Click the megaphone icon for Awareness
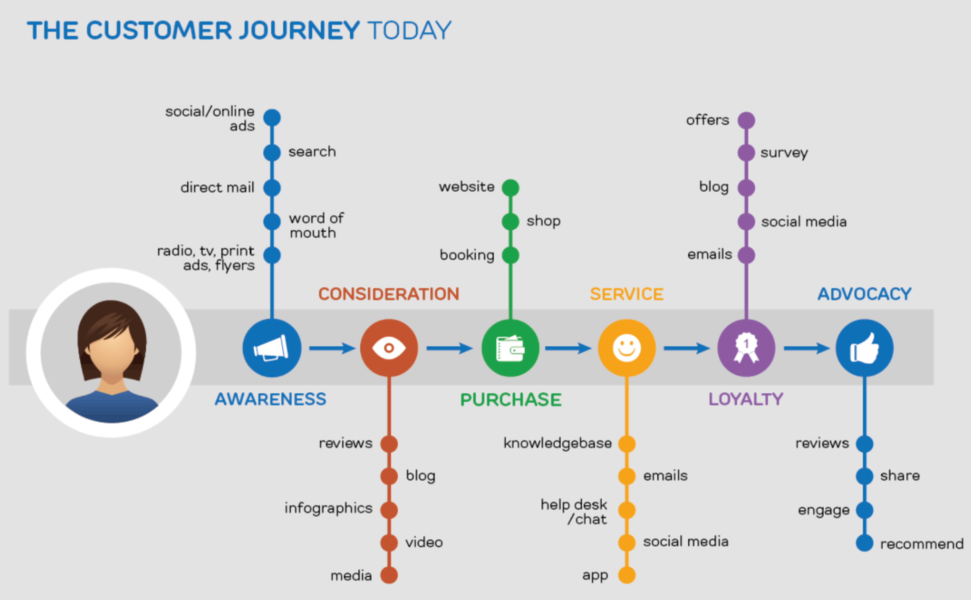(x=272, y=348)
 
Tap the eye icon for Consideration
(x=389, y=348)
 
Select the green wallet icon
(x=510, y=348)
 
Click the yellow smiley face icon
(x=627, y=348)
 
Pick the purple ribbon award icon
(x=746, y=348)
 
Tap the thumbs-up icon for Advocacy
(x=864, y=348)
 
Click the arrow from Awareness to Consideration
(x=332, y=348)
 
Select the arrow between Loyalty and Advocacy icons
(x=806, y=348)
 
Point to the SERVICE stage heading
(x=627, y=294)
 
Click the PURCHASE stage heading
(x=511, y=399)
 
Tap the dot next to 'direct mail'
(x=272, y=188)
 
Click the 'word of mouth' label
(x=316, y=225)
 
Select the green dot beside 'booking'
(x=510, y=255)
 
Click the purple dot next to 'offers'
(x=746, y=120)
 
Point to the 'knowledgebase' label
(x=558, y=443)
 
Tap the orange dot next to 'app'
(x=627, y=575)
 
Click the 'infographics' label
(x=328, y=508)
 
